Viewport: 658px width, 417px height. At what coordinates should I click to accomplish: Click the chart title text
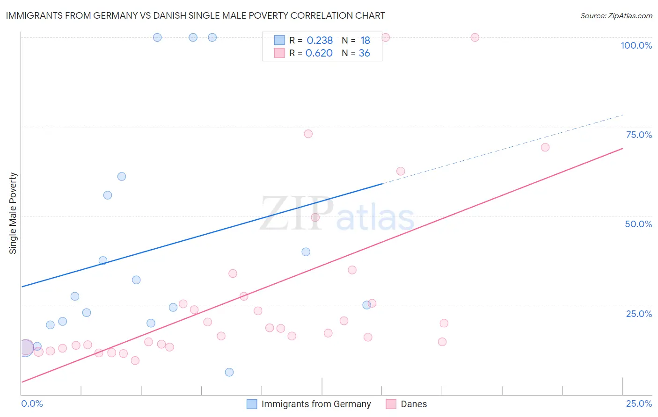[195, 15]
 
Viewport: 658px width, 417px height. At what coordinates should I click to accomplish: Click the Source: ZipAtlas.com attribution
[616, 16]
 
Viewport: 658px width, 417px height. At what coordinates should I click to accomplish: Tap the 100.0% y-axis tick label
[636, 45]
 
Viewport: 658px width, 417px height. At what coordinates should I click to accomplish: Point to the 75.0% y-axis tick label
[639, 135]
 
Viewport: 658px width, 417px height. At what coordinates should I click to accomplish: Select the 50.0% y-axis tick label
[638, 224]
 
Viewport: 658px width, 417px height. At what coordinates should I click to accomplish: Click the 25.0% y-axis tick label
[639, 314]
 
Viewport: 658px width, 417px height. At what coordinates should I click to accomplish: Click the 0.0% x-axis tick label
[32, 403]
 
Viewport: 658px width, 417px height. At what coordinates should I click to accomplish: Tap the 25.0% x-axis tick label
[639, 403]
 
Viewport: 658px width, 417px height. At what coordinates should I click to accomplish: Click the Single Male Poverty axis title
[13, 213]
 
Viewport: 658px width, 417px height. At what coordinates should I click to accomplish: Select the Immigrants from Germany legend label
[316, 404]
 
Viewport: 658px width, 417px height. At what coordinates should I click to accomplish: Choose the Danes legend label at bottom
[414, 404]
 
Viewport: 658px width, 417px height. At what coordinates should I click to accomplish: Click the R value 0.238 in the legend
[320, 41]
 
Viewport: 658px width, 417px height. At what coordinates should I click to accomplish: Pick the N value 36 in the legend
[364, 53]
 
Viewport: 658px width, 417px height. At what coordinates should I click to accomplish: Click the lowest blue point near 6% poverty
[229, 372]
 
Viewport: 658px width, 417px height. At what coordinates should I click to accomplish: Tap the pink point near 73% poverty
[308, 134]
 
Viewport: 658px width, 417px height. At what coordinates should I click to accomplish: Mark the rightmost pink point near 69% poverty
[545, 147]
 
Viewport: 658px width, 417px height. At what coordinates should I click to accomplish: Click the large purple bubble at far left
[26, 348]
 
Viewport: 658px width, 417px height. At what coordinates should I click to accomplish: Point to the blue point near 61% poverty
[122, 176]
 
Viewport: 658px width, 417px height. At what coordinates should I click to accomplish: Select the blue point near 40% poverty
[306, 252]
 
